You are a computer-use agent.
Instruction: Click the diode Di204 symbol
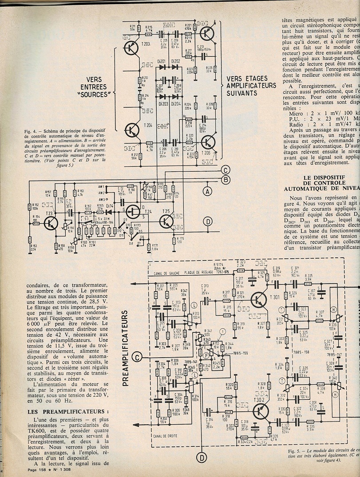click(x=176, y=96)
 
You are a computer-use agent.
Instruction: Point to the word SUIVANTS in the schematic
click(x=241, y=93)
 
